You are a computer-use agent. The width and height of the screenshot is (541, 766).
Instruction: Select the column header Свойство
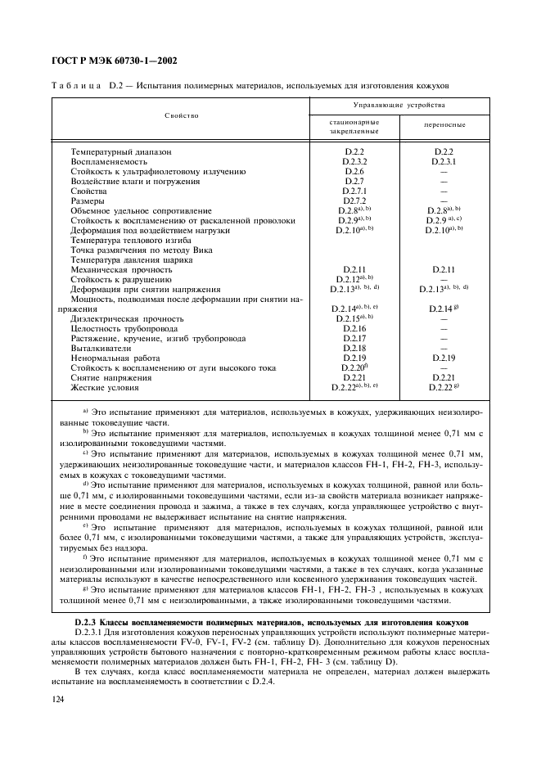pyautogui.click(x=181, y=116)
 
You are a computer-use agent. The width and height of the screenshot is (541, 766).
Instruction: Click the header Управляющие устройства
pyautogui.click(x=399, y=106)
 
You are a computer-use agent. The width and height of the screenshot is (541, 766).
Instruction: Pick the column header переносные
pyautogui.click(x=444, y=125)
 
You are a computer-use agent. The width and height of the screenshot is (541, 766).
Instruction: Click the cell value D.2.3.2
pyautogui.click(x=354, y=162)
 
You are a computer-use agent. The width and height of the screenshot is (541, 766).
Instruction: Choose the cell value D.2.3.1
pyautogui.click(x=444, y=162)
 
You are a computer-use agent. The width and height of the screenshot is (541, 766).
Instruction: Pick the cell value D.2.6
pyautogui.click(x=354, y=172)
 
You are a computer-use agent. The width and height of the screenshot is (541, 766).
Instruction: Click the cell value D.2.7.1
pyautogui.click(x=354, y=191)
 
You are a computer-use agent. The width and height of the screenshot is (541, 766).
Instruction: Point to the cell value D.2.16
pyautogui.click(x=354, y=328)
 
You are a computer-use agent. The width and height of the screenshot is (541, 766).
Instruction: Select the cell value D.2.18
pyautogui.click(x=354, y=348)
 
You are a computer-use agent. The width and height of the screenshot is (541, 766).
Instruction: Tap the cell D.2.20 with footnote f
pyautogui.click(x=354, y=367)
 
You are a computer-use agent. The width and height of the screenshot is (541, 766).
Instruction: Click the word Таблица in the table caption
pyautogui.click(x=78, y=85)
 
